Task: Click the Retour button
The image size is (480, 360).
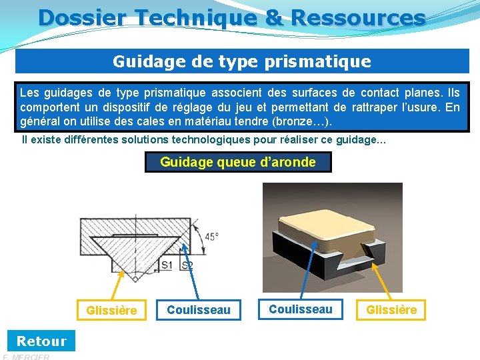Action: [41, 341]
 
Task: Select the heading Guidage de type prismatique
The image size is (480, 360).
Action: [241, 61]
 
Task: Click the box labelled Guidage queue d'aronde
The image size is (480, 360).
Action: [238, 162]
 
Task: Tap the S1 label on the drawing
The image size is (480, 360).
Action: [167, 265]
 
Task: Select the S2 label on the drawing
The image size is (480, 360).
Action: [187, 265]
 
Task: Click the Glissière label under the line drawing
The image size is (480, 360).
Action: [111, 310]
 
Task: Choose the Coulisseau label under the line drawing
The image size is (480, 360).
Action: [198, 310]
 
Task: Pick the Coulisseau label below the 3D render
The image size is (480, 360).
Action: [300, 309]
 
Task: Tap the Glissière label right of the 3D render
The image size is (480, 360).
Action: [391, 309]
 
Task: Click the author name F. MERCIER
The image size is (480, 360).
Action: [27, 357]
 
